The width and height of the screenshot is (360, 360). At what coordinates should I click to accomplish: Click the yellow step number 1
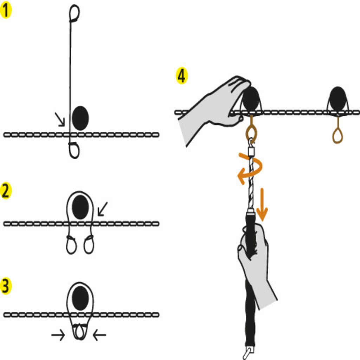(6, 11)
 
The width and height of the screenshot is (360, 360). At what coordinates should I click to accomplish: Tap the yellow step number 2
(6, 191)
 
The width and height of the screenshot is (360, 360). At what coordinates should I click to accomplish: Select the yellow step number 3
(6, 286)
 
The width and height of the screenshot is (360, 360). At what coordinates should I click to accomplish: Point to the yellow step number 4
(182, 76)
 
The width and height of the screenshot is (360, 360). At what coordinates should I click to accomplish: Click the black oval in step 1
(80, 118)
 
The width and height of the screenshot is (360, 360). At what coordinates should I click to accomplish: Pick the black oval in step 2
(80, 207)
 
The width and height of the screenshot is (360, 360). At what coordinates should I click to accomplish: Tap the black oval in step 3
(80, 298)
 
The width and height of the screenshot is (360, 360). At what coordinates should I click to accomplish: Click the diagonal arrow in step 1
(60, 119)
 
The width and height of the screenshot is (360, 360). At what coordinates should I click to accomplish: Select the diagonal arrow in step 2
(102, 209)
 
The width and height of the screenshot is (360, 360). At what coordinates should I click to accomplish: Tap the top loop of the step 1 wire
(75, 13)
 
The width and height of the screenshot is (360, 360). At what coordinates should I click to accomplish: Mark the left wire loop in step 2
(71, 245)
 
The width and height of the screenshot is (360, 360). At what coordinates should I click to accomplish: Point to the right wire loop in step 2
(89, 245)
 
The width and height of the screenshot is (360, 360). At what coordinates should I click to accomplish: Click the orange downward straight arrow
(262, 205)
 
